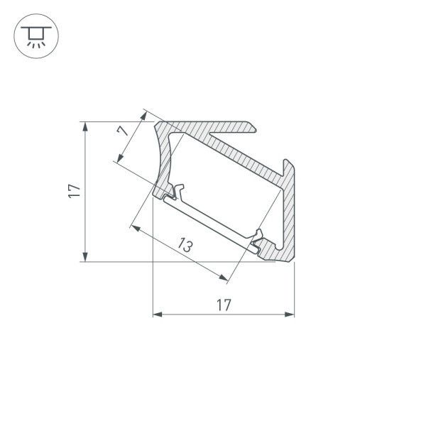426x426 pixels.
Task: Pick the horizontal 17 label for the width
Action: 223,305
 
